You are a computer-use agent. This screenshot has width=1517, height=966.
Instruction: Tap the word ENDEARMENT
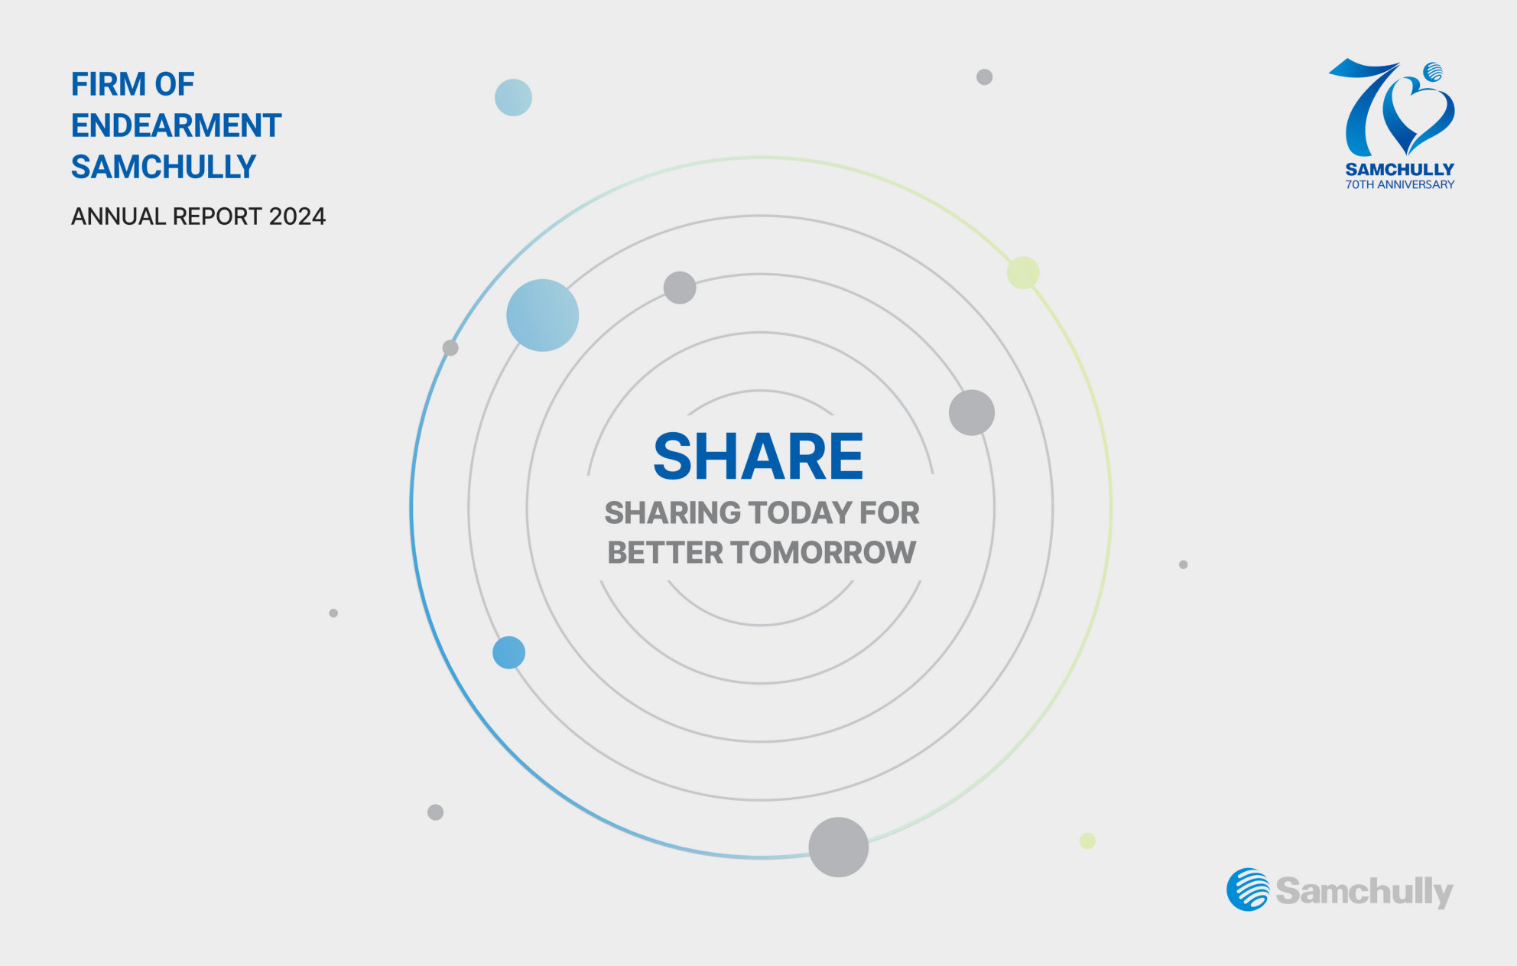click(x=176, y=125)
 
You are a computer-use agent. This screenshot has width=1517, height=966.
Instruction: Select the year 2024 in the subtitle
click(x=297, y=216)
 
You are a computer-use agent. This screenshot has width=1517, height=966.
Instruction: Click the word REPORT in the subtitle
click(x=217, y=216)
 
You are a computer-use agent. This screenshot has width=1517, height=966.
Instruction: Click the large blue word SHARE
click(x=758, y=457)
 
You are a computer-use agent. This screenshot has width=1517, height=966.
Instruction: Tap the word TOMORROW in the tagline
click(x=823, y=552)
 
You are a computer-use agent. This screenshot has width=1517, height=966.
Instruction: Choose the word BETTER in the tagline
click(x=664, y=552)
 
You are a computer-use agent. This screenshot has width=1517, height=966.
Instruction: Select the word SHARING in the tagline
click(x=673, y=512)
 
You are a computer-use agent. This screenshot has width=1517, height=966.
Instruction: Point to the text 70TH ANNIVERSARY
click(x=1399, y=184)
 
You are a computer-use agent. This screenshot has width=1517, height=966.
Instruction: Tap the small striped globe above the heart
click(x=1433, y=72)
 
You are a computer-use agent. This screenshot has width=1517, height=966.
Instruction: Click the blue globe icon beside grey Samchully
click(x=1248, y=890)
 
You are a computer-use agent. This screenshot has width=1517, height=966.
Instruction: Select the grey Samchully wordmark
click(x=1364, y=891)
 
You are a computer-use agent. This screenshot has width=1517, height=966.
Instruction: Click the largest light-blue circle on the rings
click(x=542, y=315)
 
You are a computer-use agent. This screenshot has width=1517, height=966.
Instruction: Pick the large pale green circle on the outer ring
click(x=1023, y=273)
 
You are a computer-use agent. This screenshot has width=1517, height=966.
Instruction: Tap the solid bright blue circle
click(x=508, y=652)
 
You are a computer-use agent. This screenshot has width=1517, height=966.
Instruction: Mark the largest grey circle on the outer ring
click(x=838, y=847)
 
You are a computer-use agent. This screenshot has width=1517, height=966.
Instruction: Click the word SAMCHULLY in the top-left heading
click(x=164, y=167)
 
